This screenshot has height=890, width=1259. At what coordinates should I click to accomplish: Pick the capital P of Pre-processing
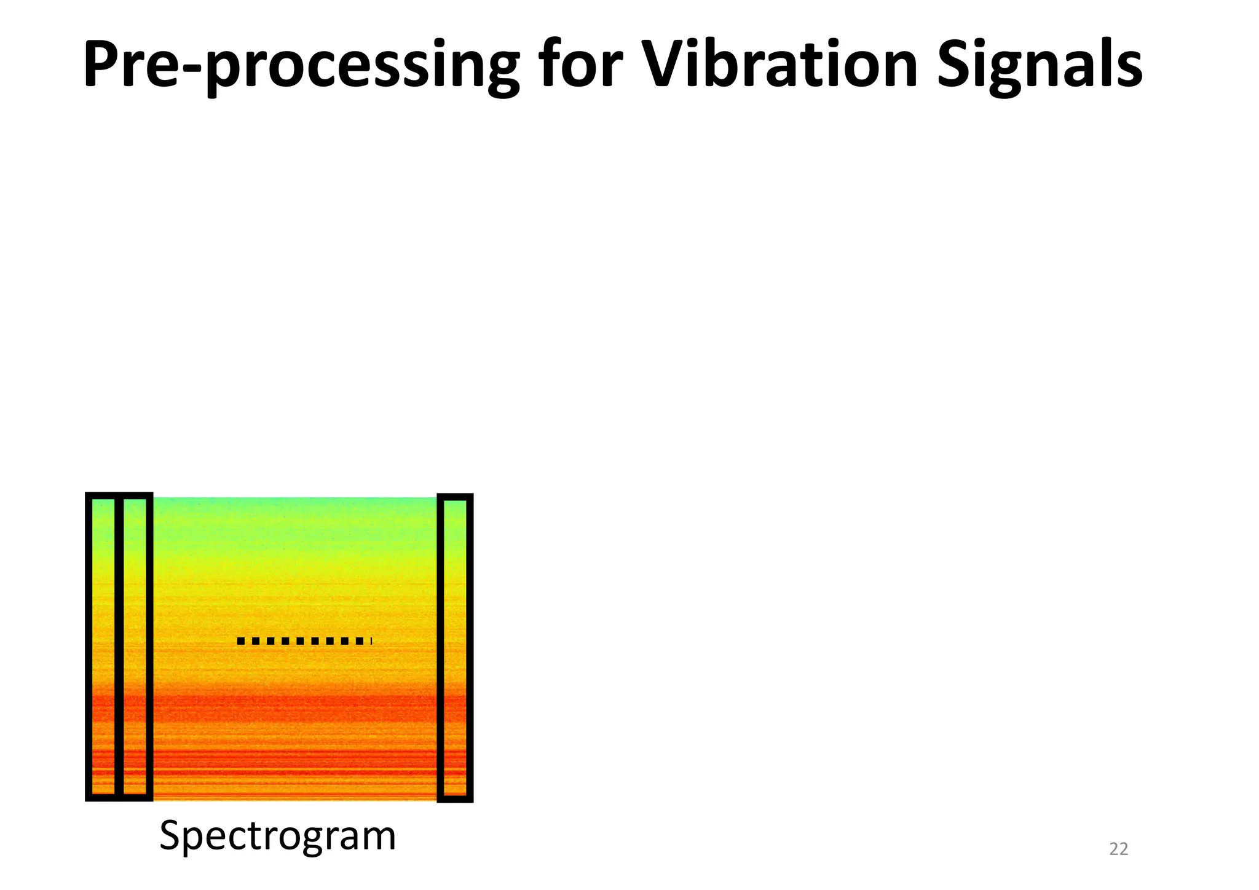pyautogui.click(x=101, y=64)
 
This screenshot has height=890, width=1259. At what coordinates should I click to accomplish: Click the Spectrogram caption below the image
pyautogui.click(x=277, y=837)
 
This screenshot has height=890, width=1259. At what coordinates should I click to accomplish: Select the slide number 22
pyautogui.click(x=1118, y=849)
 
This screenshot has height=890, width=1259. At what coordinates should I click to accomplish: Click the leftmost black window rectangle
pyautogui.click(x=103, y=647)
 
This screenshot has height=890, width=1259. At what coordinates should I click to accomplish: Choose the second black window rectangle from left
pyautogui.click(x=135, y=647)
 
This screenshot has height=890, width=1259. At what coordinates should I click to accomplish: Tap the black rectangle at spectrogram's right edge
pyautogui.click(x=455, y=648)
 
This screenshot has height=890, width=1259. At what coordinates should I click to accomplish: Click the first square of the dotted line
pyautogui.click(x=241, y=641)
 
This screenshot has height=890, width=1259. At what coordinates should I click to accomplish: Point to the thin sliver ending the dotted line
pyautogui.click(x=371, y=641)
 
